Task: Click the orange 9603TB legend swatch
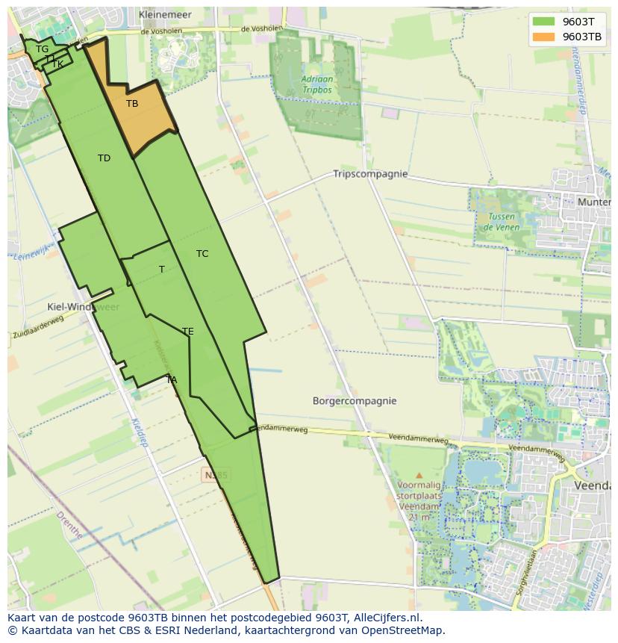pyautogui.click(x=543, y=37)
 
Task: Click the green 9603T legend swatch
pyautogui.click(x=543, y=22)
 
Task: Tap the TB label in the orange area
pyautogui.click(x=132, y=104)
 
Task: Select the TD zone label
pyautogui.click(x=104, y=158)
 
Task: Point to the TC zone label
pyautogui.click(x=202, y=254)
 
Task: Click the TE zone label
pyautogui.click(x=188, y=332)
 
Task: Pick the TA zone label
pyautogui.click(x=172, y=380)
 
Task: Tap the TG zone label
pyautogui.click(x=42, y=49)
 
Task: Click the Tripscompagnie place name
pyautogui.click(x=370, y=174)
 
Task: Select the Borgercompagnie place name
pyautogui.click(x=355, y=401)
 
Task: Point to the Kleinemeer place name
pyautogui.click(x=165, y=14)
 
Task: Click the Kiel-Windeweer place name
pyautogui.click(x=83, y=307)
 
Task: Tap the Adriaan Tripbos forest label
pyautogui.click(x=317, y=84)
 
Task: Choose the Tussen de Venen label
pyautogui.click(x=501, y=222)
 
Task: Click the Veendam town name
pyautogui.click(x=593, y=485)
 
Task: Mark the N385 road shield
pyautogui.click(x=216, y=474)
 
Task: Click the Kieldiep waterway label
pyautogui.click(x=139, y=432)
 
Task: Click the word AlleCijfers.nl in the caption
pyautogui.click(x=387, y=618)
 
